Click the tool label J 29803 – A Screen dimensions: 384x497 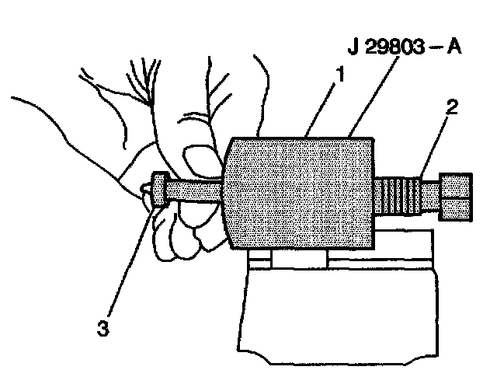click(x=404, y=47)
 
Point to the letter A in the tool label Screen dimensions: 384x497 click(x=454, y=47)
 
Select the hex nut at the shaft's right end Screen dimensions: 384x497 click(x=455, y=196)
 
